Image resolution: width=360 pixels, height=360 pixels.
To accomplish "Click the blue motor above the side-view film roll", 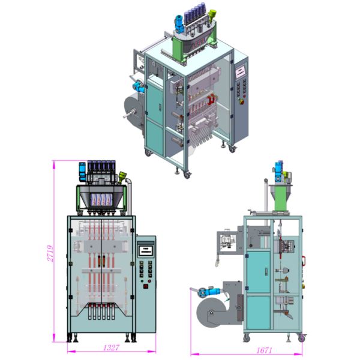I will (x=206, y=292).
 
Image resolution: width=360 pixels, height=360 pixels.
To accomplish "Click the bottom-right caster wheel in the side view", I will (x=302, y=338).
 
